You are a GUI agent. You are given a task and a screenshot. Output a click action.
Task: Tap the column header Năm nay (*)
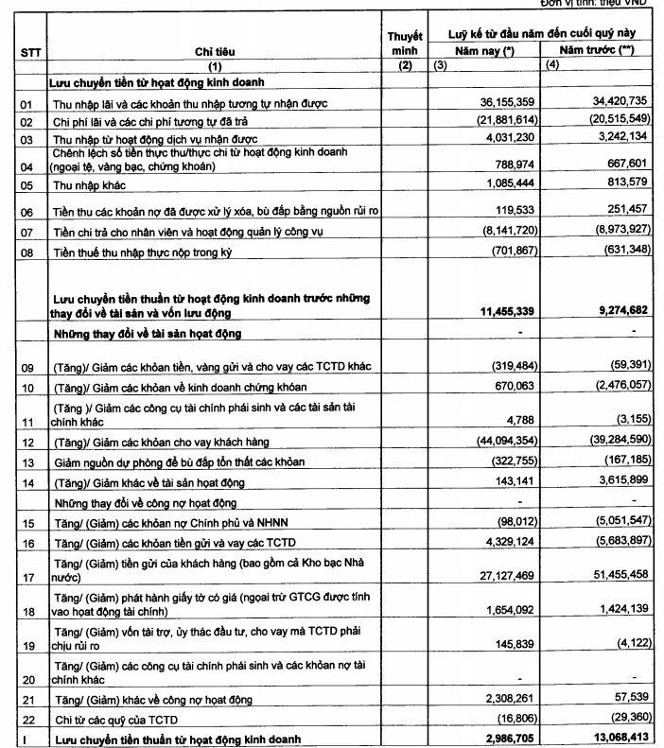coord(483,49)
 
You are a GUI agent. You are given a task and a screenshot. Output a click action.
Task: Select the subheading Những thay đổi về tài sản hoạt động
coord(148,333)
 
